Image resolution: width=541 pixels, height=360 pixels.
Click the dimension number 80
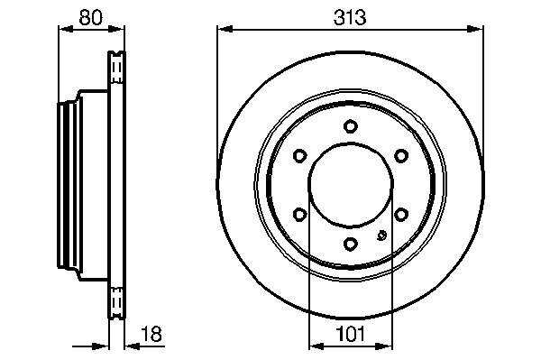pos(91,17)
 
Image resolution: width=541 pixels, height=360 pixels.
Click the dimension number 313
pos(350,17)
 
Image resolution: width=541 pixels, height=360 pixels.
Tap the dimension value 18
pos(151,334)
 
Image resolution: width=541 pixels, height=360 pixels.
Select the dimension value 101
pos(350,334)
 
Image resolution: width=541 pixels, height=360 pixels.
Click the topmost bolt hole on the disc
pos(350,126)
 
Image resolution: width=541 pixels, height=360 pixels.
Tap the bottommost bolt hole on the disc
pos(350,244)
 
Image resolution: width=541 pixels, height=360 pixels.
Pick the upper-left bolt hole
pos(299,156)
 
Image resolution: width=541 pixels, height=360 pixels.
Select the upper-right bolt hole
pos(401,156)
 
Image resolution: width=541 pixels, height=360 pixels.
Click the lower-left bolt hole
pos(299,215)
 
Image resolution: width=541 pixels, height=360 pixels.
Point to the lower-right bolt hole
pos(401,215)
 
